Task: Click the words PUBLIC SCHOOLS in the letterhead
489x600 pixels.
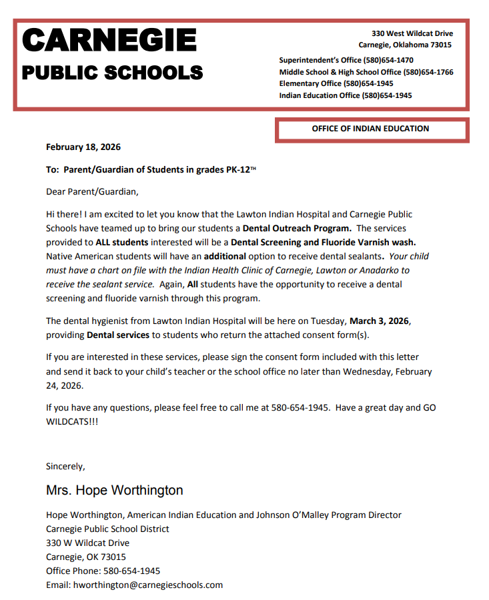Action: point(112,73)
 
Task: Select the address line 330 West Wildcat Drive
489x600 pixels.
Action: point(412,33)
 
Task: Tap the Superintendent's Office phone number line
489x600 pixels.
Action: point(346,60)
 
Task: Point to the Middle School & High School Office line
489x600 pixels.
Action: point(366,72)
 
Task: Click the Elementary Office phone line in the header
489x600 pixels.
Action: point(336,84)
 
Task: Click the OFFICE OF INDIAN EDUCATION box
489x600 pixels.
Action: point(371,129)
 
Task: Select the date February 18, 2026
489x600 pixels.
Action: point(83,147)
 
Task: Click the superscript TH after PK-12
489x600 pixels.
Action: point(253,169)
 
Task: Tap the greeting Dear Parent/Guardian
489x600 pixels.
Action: point(92,192)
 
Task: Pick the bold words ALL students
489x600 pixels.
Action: point(122,242)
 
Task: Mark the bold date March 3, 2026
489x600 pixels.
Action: point(380,321)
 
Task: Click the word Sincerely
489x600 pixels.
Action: point(65,466)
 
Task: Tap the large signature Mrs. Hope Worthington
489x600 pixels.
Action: point(114,491)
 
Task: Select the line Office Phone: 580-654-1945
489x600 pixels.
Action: point(103,571)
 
